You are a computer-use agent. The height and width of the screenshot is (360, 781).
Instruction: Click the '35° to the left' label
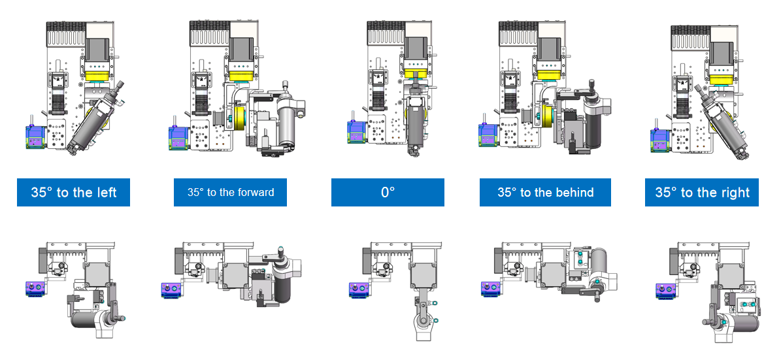(x=74, y=192)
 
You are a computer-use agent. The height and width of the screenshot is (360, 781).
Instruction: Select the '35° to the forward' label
(x=230, y=192)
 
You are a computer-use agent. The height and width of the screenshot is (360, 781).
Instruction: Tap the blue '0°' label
(x=388, y=192)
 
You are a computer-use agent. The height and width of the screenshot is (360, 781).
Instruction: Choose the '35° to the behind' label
(x=546, y=192)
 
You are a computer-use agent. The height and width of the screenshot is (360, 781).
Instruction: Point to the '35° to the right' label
(x=702, y=192)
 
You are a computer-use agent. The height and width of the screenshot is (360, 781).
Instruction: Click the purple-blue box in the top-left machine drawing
(x=35, y=137)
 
